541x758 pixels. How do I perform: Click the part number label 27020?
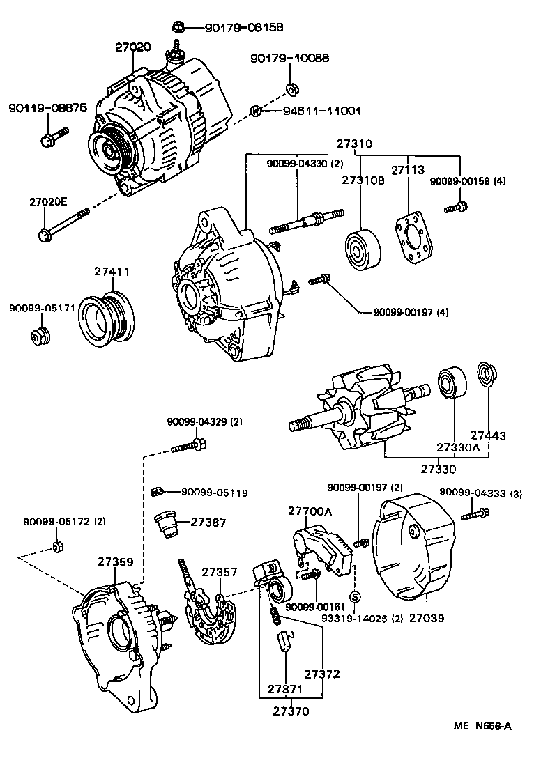[132, 47]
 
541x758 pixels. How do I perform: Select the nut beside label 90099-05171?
[40, 337]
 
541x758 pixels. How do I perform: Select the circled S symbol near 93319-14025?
[353, 596]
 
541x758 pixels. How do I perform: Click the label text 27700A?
[310, 511]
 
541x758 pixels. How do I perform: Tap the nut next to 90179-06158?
[177, 28]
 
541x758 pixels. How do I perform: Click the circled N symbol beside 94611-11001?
[256, 111]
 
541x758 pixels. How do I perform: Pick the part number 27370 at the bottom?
[291, 711]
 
